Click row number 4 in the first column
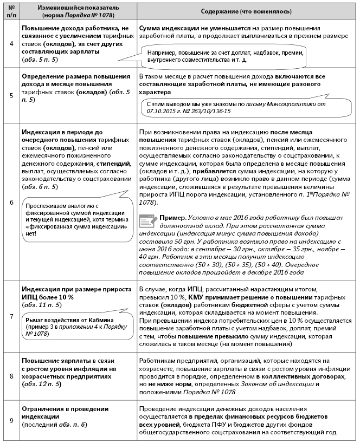coord(11,43)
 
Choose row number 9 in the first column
coord(11,421)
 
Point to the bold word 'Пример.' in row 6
coord(172,217)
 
